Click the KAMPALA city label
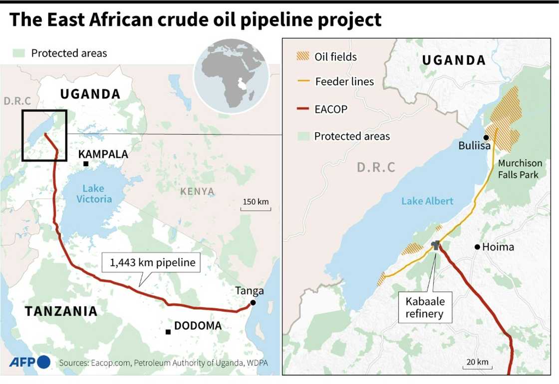103,154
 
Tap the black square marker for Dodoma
168,332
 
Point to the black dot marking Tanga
253,303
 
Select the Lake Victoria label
93,194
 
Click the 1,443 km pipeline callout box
151,262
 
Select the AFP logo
29,362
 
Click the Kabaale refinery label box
425,308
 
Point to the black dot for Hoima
478,247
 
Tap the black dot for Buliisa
486,137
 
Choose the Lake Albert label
427,201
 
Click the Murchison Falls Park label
519,169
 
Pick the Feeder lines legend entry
344,81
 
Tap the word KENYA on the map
197,191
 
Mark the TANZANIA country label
61,311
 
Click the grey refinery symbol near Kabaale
436,245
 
